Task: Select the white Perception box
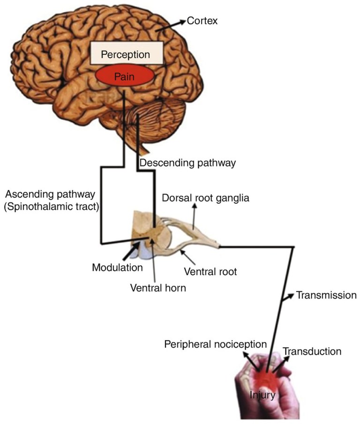click(x=126, y=54)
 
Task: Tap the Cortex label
click(x=202, y=21)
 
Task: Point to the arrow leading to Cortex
click(x=177, y=23)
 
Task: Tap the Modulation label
click(x=117, y=268)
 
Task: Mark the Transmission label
click(x=326, y=296)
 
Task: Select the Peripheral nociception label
click(x=215, y=344)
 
